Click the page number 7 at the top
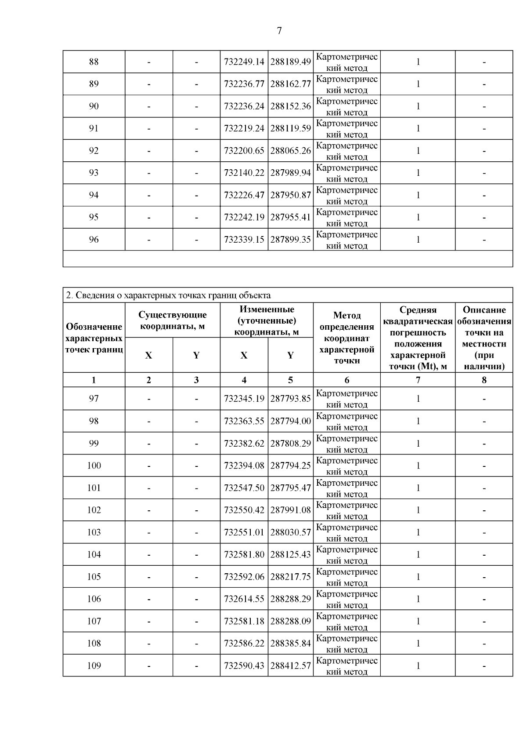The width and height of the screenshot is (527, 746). tap(279, 31)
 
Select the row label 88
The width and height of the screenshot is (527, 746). tap(94, 62)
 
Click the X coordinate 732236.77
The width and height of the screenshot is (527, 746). tap(244, 84)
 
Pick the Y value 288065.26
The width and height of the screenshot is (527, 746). tap(290, 151)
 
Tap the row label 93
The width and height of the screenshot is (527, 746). tap(94, 173)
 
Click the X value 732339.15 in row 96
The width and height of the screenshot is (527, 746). tap(244, 240)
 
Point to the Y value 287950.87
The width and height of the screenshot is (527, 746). tap(290, 195)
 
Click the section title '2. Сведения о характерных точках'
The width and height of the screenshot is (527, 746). tap(168, 295)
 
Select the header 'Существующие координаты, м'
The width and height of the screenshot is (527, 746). tap(172, 320)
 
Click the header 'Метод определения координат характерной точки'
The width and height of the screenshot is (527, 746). tap(347, 338)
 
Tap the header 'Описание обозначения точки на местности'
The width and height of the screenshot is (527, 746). tap(484, 338)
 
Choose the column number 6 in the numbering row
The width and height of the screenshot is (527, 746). tap(347, 380)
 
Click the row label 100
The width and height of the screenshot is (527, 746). tap(94, 466)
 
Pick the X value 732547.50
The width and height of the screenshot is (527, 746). tap(244, 488)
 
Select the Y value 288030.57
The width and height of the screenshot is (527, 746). tap(290, 532)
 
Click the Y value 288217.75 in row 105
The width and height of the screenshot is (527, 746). tap(290, 577)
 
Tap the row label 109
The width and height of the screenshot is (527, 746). tap(94, 666)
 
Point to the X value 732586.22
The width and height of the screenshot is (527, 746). tap(244, 644)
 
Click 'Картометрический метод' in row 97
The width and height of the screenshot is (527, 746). tap(347, 399)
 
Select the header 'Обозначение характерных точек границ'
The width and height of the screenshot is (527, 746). tap(94, 338)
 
